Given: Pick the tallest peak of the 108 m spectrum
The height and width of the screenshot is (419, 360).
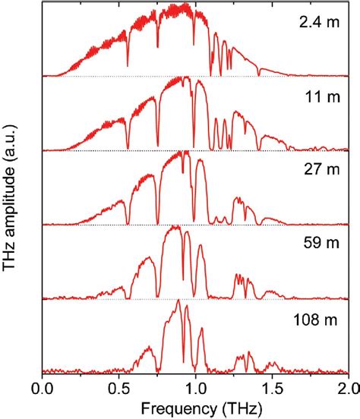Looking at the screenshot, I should (x=178, y=301).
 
